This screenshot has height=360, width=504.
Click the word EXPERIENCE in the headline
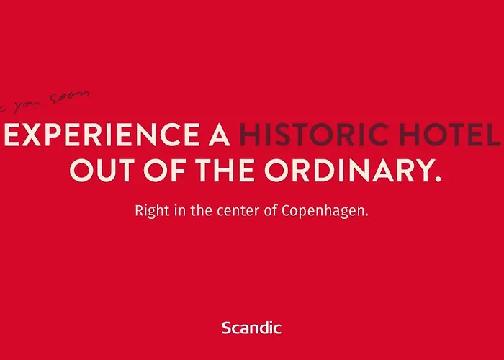tap(96, 135)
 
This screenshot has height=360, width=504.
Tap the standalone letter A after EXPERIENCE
tap(217, 135)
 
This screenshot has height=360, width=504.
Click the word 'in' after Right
tap(176, 212)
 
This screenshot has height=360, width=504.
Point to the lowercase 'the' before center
tap(198, 212)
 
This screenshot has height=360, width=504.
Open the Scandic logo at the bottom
tap(251, 328)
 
